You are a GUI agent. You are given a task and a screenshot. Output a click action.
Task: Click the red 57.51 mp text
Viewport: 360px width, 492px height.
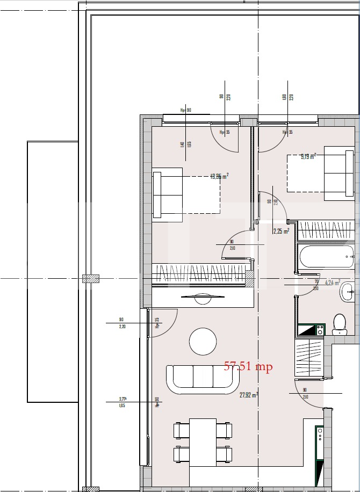coord(248,367)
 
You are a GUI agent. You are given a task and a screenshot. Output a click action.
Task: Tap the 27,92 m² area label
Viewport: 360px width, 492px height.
coord(249,394)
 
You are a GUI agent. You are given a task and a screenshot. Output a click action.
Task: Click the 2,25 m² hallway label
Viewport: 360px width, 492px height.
coord(281,231)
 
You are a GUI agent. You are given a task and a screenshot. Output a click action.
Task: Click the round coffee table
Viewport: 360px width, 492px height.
coord(203,341)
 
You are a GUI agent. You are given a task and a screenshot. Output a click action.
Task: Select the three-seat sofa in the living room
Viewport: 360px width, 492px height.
coord(203,379)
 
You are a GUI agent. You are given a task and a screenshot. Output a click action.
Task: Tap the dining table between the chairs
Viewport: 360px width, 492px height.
coord(203,442)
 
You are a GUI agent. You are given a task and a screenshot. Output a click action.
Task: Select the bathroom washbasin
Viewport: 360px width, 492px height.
coord(346,293)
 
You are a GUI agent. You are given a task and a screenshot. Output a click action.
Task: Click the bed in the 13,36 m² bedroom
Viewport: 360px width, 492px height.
coord(186,194)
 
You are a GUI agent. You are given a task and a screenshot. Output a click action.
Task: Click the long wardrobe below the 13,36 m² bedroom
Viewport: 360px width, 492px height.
coord(200,273)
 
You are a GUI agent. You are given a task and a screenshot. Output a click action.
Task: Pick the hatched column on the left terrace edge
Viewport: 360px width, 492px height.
coord(90,279)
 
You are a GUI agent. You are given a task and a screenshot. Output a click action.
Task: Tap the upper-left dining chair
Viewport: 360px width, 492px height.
coord(180,430)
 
